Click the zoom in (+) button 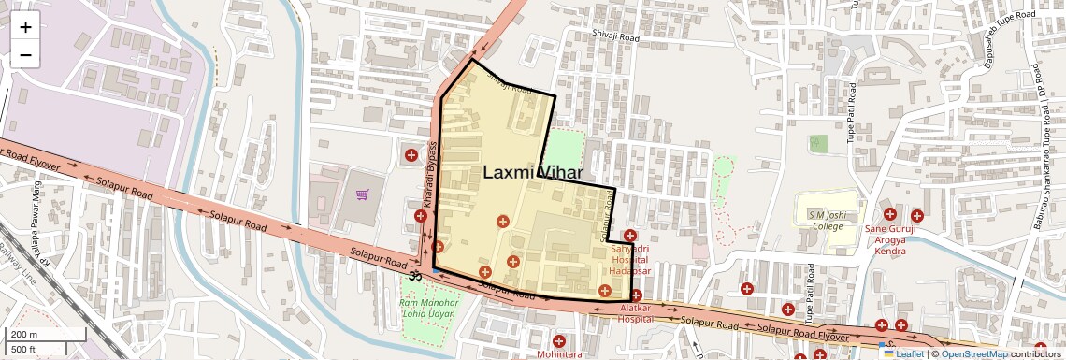coord(25,26)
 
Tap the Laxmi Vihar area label coord(533,172)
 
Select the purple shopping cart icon coord(362,194)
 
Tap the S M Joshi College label coord(827,221)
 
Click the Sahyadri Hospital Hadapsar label coord(629,260)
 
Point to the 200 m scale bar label coord(25,334)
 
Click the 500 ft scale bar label coord(25,349)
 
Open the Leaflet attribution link coord(903,353)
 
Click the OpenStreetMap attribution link coord(972,353)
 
